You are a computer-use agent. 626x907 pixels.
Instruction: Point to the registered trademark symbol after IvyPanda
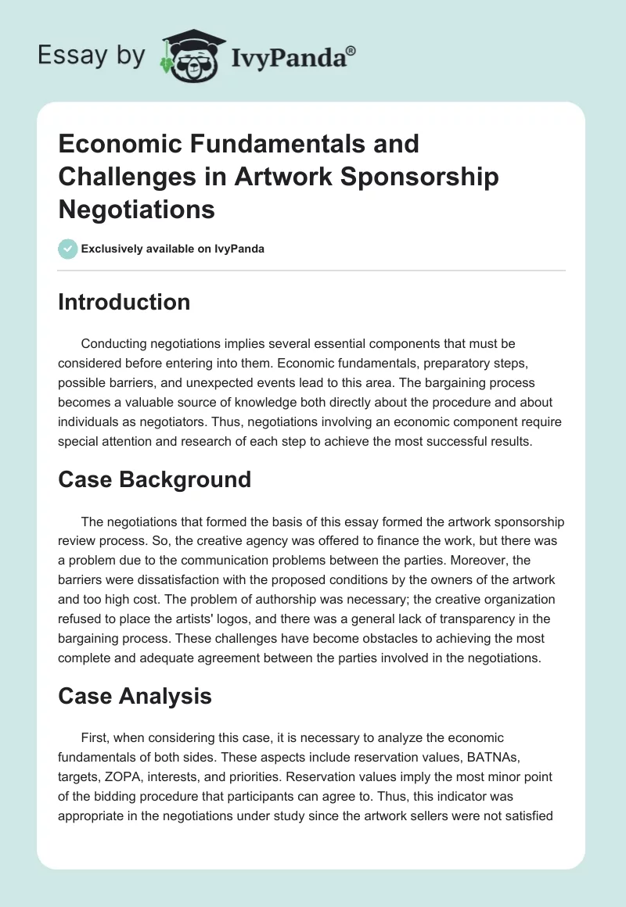[x=351, y=50]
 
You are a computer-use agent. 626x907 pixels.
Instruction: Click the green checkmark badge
[x=67, y=249]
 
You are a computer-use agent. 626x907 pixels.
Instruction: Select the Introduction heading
[x=124, y=302]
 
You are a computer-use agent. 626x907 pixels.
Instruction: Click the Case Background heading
[x=154, y=479]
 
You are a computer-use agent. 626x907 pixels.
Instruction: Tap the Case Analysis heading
[x=135, y=696]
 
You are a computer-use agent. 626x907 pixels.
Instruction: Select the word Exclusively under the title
[x=111, y=249]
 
